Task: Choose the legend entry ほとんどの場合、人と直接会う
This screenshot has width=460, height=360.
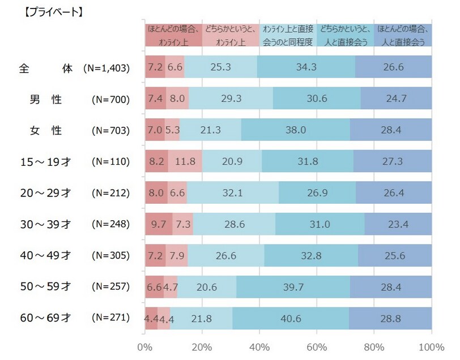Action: point(403,35)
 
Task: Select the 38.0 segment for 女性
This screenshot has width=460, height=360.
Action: point(295,130)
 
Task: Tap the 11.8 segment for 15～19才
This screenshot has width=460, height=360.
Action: point(185,161)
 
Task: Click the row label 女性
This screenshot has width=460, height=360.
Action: point(45,130)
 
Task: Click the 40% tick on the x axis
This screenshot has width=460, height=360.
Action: point(259,346)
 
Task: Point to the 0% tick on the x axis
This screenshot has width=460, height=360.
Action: point(146,346)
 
